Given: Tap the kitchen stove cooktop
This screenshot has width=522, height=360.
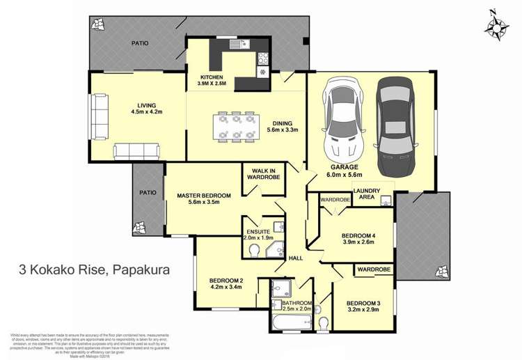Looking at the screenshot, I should click(263, 58).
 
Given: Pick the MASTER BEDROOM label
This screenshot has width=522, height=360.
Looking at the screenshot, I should click(198, 199).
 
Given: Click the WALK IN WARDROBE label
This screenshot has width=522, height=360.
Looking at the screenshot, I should click(261, 173).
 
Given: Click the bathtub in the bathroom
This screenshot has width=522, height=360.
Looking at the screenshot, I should click(291, 322).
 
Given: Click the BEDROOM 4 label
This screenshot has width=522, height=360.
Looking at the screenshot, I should click(358, 238).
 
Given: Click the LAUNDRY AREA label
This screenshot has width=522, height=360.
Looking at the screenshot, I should click(366, 194).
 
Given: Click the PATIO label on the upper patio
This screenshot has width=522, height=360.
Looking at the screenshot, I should click(140, 43).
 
